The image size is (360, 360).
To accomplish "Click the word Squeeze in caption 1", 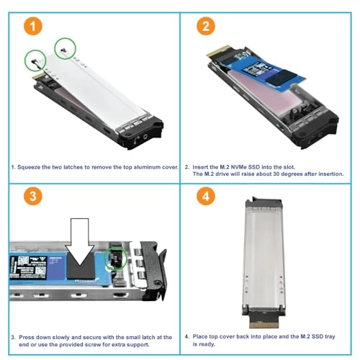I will coord(32,166).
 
